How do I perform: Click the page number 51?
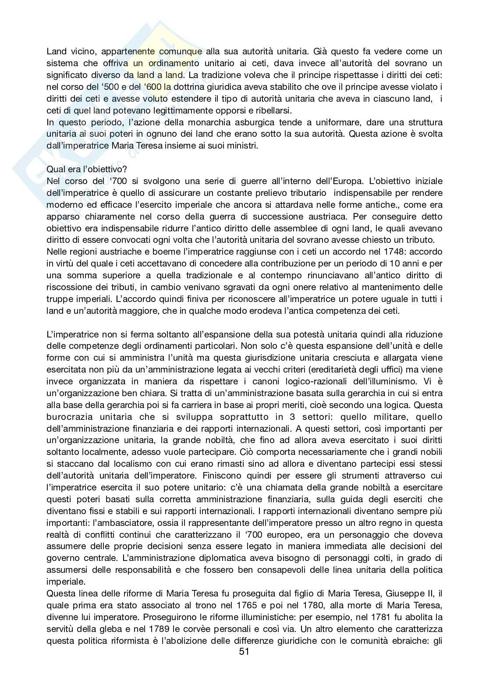tap(244, 664)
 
